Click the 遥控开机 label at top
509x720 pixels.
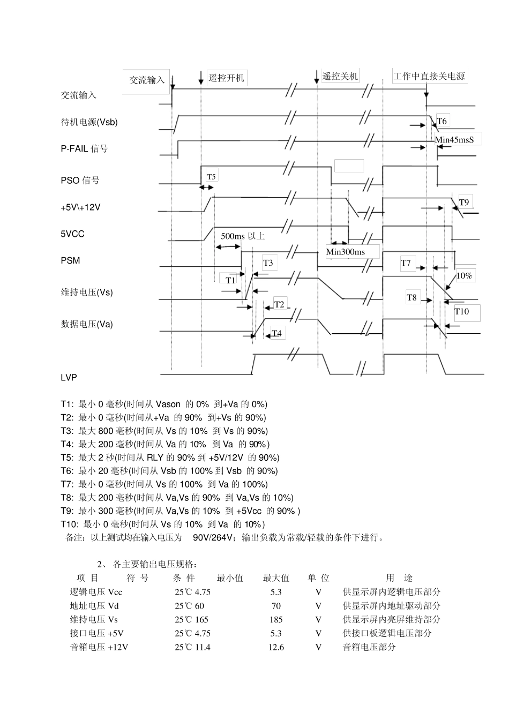pos(226,78)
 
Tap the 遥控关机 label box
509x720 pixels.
pos(340,76)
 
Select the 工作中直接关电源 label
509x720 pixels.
pos(429,76)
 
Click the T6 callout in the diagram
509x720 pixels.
pos(441,122)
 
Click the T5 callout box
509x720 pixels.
pos(212,176)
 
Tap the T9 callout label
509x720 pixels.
pos(464,202)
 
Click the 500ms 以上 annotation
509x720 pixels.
pos(243,236)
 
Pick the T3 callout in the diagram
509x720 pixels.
pos(268,262)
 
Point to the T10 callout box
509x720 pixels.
pos(462,312)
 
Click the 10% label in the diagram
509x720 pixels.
pos(464,275)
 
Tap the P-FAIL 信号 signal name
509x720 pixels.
pos(84,148)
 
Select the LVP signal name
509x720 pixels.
pos(69,378)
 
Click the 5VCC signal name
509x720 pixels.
pos(72,234)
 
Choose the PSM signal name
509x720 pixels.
pos(70,261)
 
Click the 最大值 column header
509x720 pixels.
pos(276,578)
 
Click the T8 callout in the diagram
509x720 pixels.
pos(411,298)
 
